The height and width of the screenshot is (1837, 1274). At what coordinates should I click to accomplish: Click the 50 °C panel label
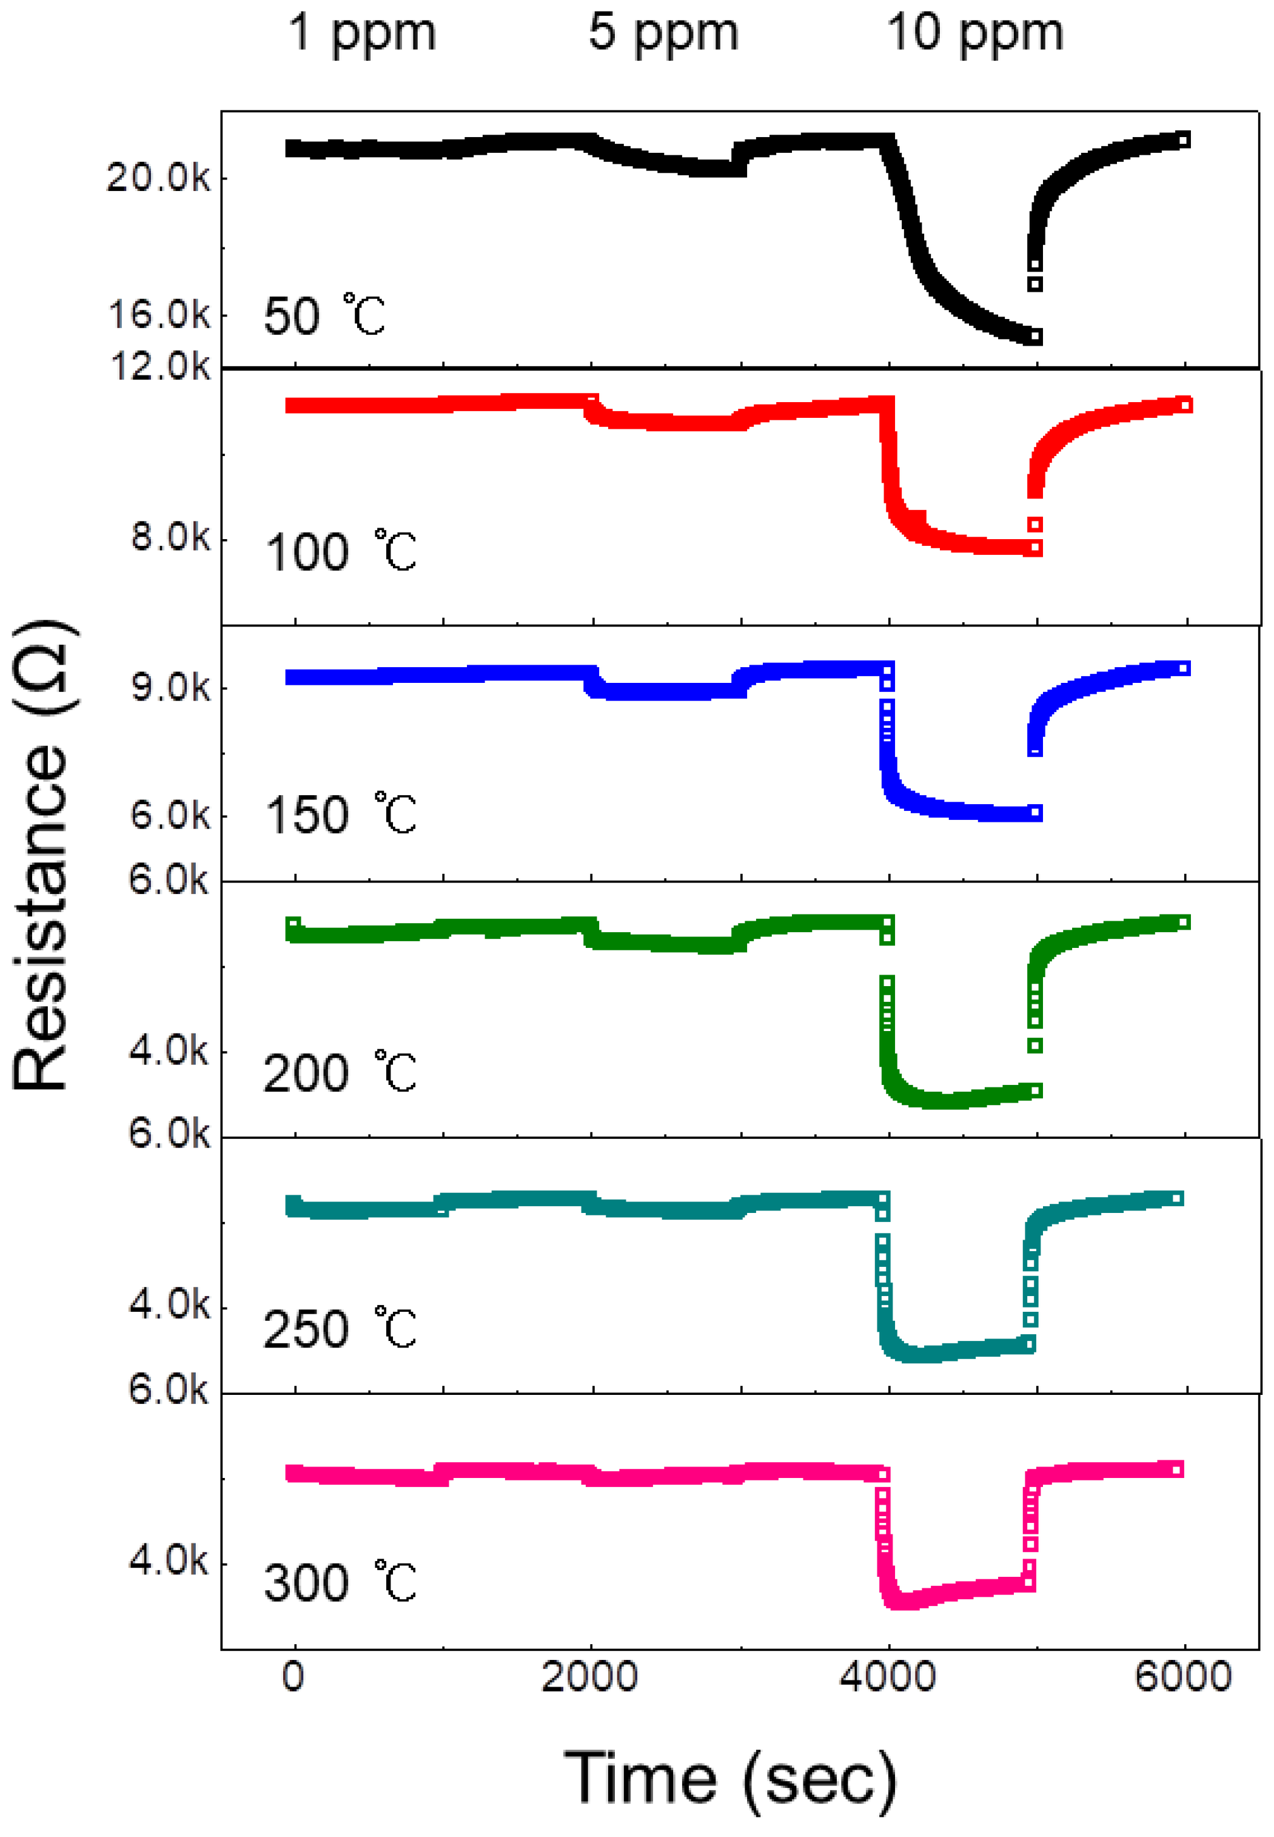point(324,315)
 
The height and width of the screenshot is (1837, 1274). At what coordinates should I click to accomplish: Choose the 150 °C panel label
point(341,814)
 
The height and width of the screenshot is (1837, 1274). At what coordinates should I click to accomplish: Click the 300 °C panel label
point(340,1583)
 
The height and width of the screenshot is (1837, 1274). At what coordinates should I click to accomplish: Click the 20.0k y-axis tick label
point(158,177)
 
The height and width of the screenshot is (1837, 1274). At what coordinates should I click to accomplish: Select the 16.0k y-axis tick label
point(158,315)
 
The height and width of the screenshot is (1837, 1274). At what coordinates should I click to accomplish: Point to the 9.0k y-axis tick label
point(170,687)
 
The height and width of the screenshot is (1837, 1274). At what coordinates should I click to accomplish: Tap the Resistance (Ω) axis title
point(41,855)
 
